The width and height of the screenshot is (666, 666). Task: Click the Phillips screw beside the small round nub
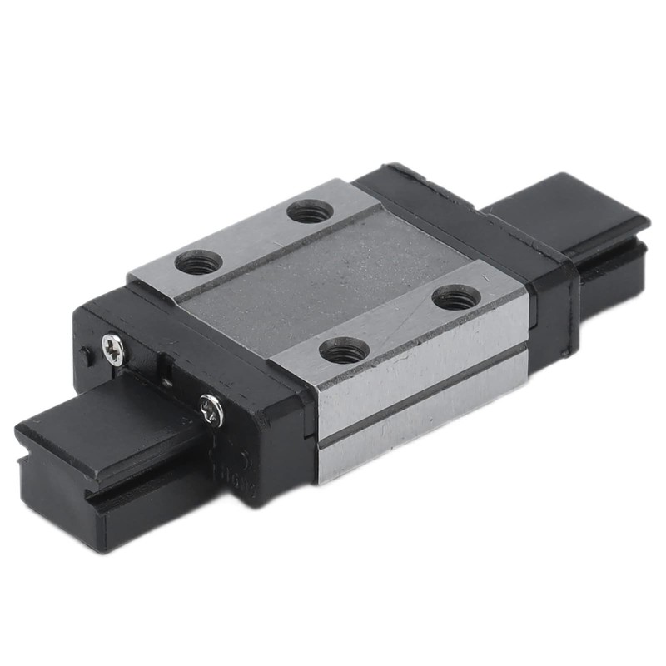(114, 349)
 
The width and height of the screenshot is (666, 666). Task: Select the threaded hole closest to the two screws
(199, 262)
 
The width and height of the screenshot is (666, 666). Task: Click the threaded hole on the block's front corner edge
(344, 350)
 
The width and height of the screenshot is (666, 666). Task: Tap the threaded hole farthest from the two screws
(457, 296)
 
